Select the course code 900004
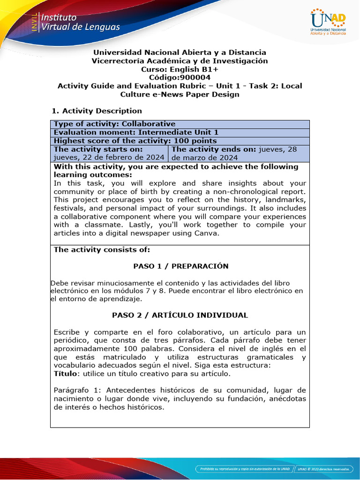[180, 77]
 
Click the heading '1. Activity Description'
[96, 111]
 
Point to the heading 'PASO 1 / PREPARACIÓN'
[181, 266]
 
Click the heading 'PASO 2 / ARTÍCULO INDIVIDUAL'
[180, 315]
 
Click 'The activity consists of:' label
[102, 250]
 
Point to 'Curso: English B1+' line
[180, 69]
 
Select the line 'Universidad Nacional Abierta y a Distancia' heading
[180, 52]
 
